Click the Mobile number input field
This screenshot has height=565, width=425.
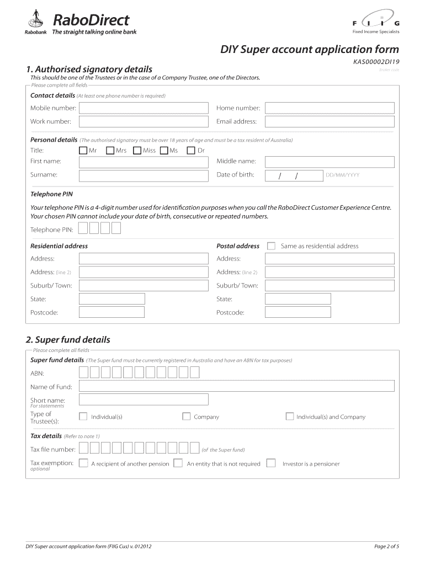coord(144,108)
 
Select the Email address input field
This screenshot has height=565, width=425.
coord(330,122)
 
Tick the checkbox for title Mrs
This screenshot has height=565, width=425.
coord(110,150)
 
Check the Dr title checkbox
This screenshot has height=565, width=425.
coord(191,150)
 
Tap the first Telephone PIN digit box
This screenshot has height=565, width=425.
coord(83,229)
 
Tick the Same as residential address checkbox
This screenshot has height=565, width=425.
coord(271,246)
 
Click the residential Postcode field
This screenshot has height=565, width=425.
coord(111,312)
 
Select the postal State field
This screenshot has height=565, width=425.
coord(297,299)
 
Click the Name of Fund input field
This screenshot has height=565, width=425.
coord(237,386)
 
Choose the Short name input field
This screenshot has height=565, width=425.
coord(144,399)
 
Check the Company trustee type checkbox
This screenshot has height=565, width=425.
coord(187,417)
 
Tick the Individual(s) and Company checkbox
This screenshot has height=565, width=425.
coord(290,417)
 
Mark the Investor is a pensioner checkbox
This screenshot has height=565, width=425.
coord(271,463)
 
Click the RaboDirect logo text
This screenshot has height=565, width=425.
coord(91,20)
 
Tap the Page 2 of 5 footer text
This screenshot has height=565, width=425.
coord(386,547)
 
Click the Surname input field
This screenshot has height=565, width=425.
coord(144,175)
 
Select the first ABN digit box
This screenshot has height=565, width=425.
coord(83,372)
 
